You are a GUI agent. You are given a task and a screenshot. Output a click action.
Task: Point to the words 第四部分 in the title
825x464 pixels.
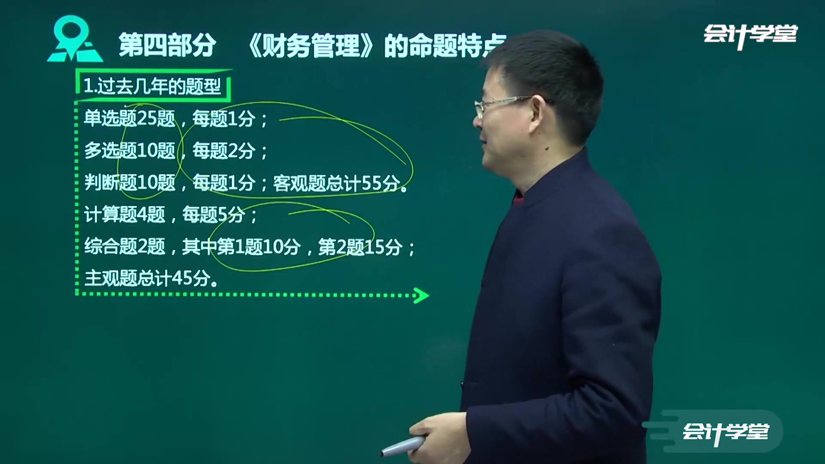pos(167,46)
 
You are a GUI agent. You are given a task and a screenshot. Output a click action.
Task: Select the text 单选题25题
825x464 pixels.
pos(129,119)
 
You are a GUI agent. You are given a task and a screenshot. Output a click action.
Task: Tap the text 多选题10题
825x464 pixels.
pos(129,150)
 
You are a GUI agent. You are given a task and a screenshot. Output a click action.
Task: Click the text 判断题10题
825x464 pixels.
pos(129,183)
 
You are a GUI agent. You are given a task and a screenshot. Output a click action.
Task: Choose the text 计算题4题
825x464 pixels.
pos(125,214)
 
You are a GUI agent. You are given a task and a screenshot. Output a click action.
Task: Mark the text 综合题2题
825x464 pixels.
pos(125,246)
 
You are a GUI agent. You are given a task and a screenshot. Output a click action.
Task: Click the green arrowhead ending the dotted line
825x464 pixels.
pos(421,295)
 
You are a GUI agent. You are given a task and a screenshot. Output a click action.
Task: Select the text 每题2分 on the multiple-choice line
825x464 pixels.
pos(223,151)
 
